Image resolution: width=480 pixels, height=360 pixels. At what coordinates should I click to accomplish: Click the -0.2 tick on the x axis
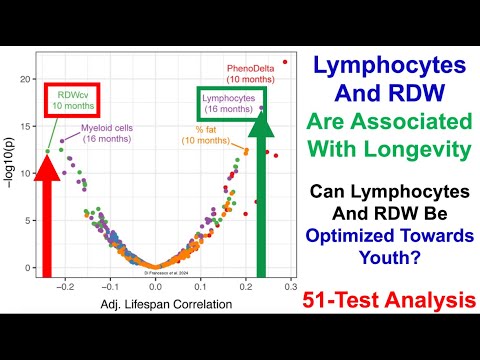67,285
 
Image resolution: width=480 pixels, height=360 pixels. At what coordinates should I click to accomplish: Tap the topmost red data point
285,62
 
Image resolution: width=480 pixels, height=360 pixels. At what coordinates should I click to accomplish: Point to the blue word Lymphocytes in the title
390,65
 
